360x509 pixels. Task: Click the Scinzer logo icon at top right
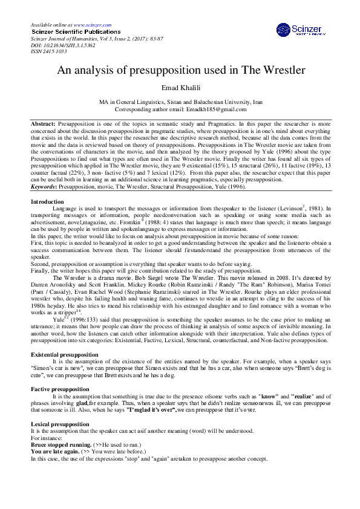284,30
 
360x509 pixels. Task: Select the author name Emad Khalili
180,87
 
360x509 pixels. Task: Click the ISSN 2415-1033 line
48,51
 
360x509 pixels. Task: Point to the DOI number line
62,45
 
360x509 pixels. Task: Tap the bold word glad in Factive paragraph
83,403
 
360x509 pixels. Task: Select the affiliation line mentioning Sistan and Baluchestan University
180,103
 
